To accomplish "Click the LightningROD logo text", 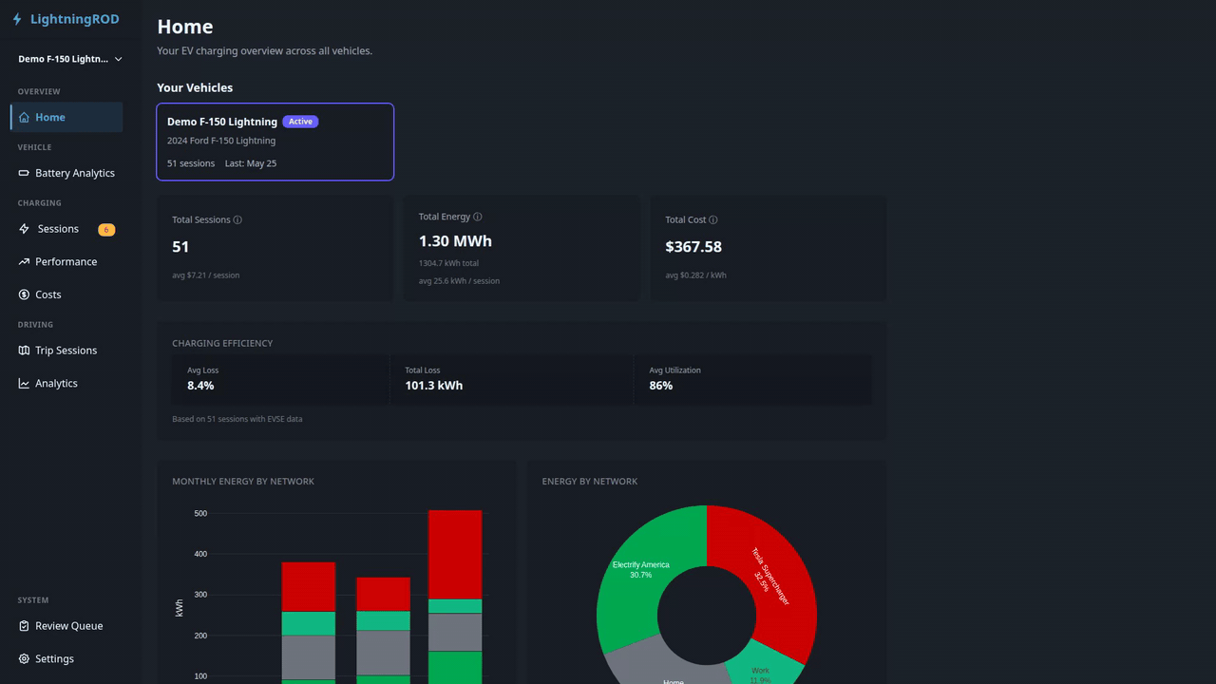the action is tap(74, 19).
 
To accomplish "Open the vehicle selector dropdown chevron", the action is tap(118, 59).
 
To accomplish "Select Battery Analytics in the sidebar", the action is tap(75, 173).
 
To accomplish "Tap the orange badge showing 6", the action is tap(106, 230).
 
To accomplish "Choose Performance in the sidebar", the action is tap(66, 261).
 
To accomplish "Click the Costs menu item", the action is tap(47, 294).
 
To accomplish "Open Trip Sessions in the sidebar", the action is tap(66, 351).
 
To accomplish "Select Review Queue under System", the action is tap(69, 625).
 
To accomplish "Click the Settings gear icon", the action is tap(24, 658).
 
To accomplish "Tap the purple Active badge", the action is tap(300, 122).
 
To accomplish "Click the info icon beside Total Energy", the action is tap(477, 217).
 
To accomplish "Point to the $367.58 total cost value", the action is tap(693, 247).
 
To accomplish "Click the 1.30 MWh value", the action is tap(455, 241).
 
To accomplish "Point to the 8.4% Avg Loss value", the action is tap(200, 386).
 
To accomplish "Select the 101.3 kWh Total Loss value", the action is tap(434, 386).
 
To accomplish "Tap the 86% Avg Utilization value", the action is tap(660, 386).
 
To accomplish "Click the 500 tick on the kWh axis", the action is tap(200, 514).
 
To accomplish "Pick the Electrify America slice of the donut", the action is tap(640, 586).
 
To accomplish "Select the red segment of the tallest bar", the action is tap(455, 554).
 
